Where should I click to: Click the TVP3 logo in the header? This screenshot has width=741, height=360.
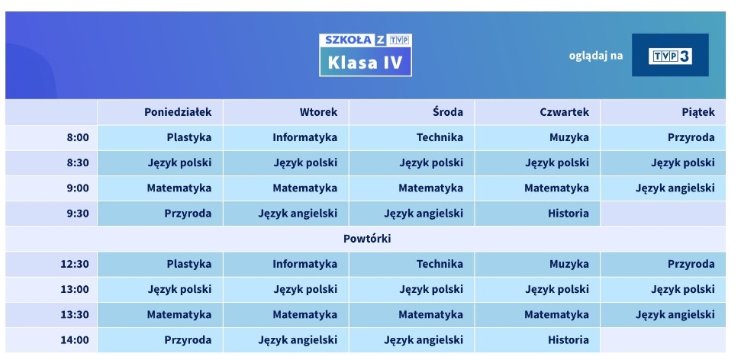tap(670, 56)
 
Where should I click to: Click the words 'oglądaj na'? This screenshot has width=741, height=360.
tap(596, 56)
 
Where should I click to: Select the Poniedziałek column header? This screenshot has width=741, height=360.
tap(178, 112)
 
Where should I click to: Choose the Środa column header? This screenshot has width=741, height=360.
tap(447, 112)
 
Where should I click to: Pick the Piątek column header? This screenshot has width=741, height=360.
tap(698, 112)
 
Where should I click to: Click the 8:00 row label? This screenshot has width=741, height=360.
tap(78, 138)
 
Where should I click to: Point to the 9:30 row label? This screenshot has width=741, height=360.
tap(78, 214)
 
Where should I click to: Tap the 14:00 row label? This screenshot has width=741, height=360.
tap(75, 340)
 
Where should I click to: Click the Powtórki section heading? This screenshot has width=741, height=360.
tap(367, 239)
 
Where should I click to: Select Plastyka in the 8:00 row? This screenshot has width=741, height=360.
tap(188, 138)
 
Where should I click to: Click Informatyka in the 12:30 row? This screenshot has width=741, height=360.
tap(304, 265)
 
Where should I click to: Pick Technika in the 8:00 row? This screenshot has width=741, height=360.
tap(440, 138)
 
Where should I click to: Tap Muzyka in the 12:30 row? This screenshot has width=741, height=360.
tap(569, 265)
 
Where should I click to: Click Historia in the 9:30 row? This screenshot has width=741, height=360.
tap(568, 214)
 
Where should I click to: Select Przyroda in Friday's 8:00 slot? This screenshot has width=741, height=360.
tap(691, 138)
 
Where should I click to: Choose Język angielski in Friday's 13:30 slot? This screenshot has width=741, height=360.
tap(675, 314)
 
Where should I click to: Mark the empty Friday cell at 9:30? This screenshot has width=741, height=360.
tap(662, 214)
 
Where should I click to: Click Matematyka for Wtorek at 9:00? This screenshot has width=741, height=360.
tap(304, 188)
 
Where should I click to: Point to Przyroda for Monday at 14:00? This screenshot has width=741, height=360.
tap(188, 340)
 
